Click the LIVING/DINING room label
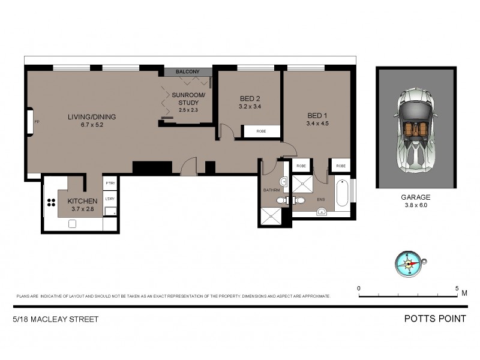point(91,116)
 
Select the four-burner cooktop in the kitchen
point(50,205)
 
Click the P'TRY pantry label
point(110,183)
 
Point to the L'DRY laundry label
point(110,199)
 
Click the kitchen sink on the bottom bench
point(73,223)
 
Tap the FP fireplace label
point(36,122)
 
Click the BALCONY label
point(187,72)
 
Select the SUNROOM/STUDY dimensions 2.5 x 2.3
point(188,110)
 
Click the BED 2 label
point(250,98)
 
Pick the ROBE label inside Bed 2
point(261,131)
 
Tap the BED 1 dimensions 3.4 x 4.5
point(317,124)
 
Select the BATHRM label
point(271,190)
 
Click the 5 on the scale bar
point(457,288)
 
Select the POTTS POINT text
point(436,319)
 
